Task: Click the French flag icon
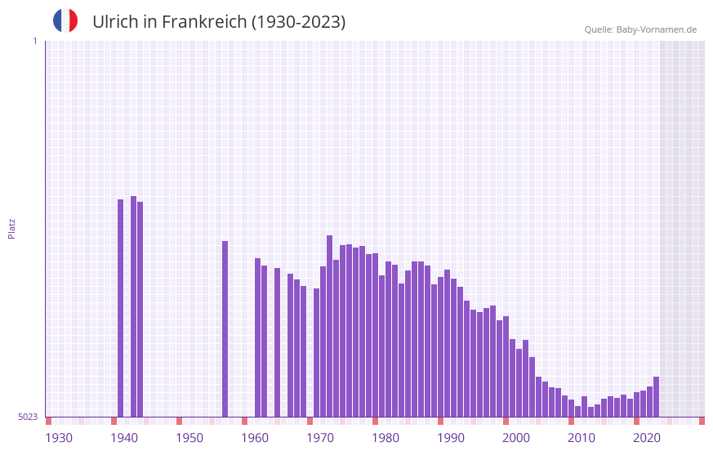tap(65, 20)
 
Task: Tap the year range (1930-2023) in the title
tap(298, 22)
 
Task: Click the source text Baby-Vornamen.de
tap(656, 30)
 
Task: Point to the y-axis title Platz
tap(11, 228)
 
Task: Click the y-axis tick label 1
tap(34, 41)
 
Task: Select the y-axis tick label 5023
tap(28, 417)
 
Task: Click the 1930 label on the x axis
tap(59, 438)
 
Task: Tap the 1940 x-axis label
tap(124, 438)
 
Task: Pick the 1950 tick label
tap(189, 438)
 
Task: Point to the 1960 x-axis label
tap(255, 438)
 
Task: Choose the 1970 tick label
tap(320, 438)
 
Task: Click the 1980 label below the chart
tap(385, 438)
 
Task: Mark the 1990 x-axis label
tap(451, 438)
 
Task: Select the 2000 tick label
tap(516, 438)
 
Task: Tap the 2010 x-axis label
tap(582, 438)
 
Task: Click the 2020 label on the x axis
tap(647, 438)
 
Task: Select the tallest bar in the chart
tap(134, 306)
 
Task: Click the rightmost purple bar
tap(657, 397)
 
